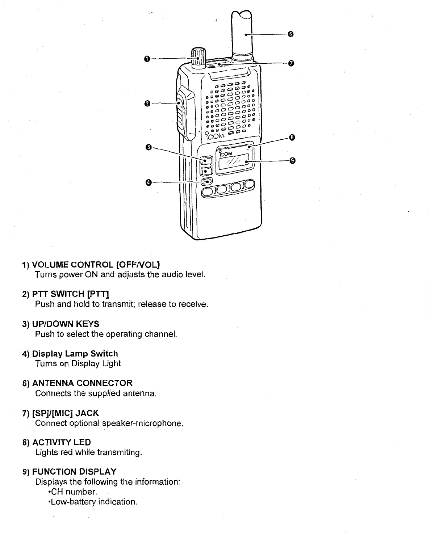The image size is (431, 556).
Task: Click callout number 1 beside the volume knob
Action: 146,59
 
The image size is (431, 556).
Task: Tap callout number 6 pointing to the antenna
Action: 290,34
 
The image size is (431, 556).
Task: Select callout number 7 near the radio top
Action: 290,64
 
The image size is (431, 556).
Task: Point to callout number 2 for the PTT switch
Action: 147,104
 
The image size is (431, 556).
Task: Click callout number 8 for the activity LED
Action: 293,137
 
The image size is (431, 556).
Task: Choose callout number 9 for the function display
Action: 293,160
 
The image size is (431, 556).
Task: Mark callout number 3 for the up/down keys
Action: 148,147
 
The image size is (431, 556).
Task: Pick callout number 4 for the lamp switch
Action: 148,182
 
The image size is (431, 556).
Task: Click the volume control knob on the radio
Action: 198,57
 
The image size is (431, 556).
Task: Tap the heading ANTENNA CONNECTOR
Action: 82,383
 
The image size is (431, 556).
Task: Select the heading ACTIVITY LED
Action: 62,442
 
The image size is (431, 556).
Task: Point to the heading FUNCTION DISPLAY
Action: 74,472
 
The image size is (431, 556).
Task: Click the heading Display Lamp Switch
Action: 75,354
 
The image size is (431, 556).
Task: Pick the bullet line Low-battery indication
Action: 92,502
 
